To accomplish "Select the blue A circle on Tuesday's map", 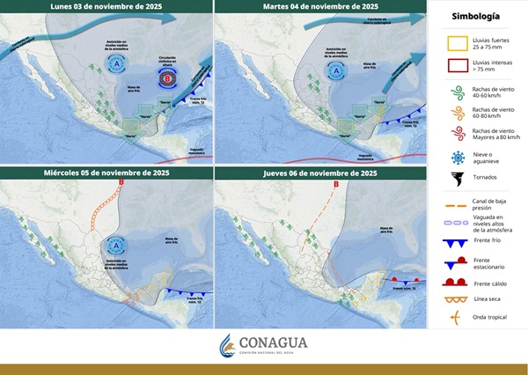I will [330, 64].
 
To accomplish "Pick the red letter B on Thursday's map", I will [335, 186].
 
